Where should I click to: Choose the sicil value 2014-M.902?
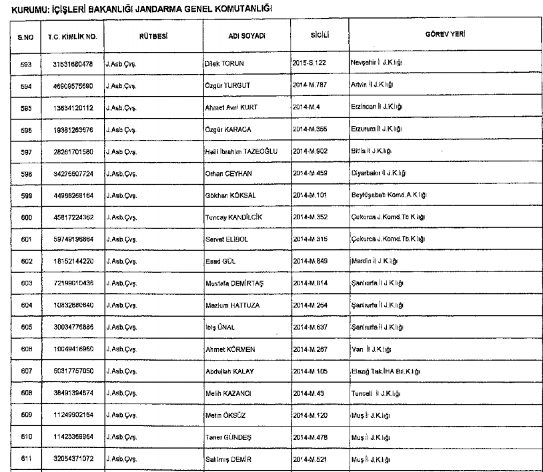click(x=313, y=151)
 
